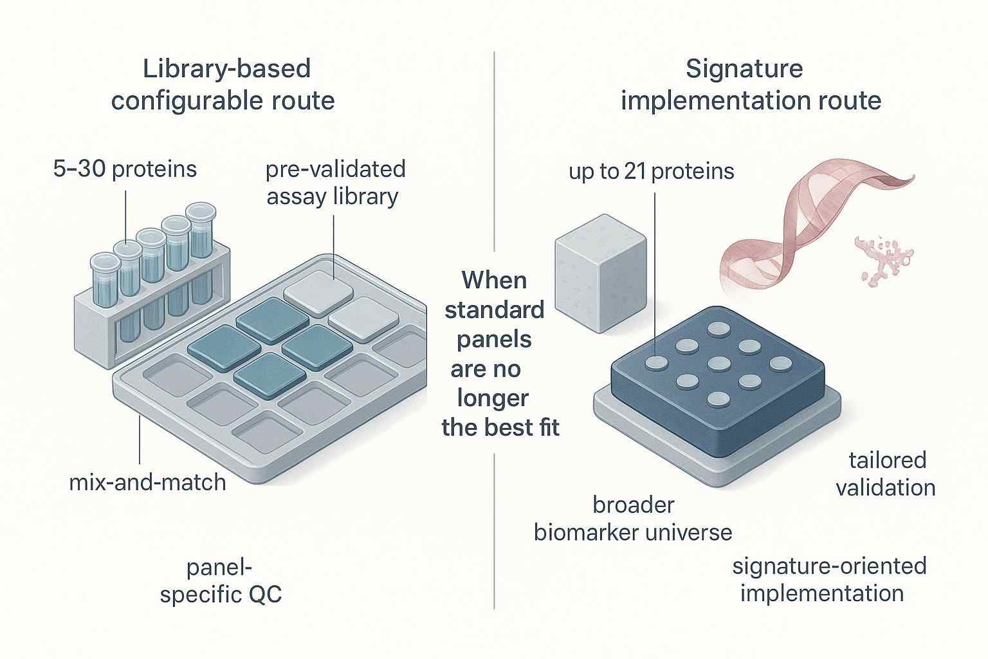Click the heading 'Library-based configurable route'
click(223, 85)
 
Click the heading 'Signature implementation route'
click(750, 85)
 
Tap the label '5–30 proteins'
click(125, 169)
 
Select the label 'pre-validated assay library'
click(335, 182)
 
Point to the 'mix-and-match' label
click(147, 482)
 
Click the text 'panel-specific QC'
click(221, 581)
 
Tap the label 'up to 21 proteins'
click(651, 171)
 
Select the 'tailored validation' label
click(886, 474)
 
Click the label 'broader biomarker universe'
click(633, 519)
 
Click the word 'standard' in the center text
click(494, 310)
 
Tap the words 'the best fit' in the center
click(500, 427)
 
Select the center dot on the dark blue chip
click(718, 364)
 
